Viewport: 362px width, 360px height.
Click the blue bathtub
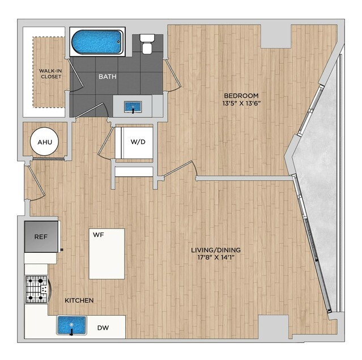(97, 42)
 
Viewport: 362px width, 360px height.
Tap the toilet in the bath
(147, 44)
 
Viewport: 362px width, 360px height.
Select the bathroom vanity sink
(133, 107)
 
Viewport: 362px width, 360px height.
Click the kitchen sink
(71, 325)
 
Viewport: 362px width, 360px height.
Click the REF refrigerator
(41, 236)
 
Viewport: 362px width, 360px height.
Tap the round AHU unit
(44, 141)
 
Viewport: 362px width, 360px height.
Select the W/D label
(138, 142)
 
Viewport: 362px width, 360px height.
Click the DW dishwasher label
(103, 328)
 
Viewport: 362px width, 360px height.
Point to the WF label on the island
(99, 235)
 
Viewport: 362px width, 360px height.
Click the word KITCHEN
(79, 300)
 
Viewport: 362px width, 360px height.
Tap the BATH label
(107, 77)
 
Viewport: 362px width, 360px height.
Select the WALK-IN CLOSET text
(50, 74)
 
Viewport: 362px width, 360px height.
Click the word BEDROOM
(241, 95)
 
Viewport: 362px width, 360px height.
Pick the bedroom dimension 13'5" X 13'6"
(241, 103)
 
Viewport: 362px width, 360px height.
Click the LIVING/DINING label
(216, 250)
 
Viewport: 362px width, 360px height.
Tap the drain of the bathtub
(118, 42)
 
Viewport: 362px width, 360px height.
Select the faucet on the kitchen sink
(71, 332)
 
